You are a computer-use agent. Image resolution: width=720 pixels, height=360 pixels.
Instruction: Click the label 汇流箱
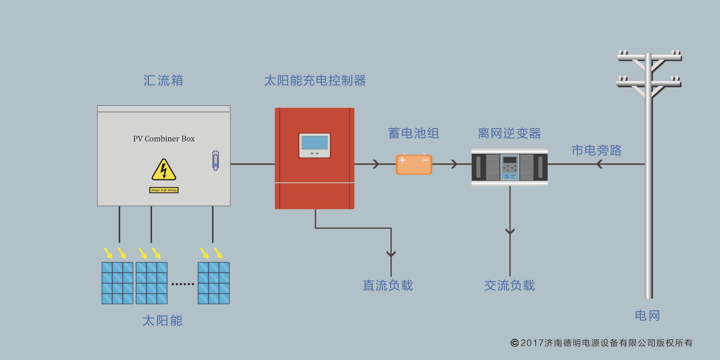tap(163, 81)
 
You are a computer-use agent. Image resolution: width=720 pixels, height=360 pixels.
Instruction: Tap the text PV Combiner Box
tap(164, 139)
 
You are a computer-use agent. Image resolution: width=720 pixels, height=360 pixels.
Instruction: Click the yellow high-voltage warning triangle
tap(163, 170)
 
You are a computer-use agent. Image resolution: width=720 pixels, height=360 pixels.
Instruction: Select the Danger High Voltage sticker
tap(164, 190)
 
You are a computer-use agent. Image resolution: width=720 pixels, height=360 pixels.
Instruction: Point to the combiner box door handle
tap(215, 160)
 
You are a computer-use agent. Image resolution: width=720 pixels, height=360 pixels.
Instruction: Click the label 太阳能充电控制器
tap(315, 81)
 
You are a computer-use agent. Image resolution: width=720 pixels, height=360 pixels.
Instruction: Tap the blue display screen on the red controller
tap(314, 143)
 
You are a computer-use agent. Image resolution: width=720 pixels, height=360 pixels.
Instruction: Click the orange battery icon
tap(414, 165)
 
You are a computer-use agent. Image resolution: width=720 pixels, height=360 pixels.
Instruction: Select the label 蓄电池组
tap(414, 133)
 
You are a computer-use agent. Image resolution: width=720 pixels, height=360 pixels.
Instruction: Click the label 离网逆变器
tap(509, 133)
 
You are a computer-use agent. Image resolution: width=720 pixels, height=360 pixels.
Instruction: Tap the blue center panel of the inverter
tap(510, 167)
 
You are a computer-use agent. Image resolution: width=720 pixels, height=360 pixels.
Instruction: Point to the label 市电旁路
tap(596, 150)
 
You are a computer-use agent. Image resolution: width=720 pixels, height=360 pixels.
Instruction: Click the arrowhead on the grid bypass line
tap(599, 164)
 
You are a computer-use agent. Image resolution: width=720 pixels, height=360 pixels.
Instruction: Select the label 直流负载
tap(388, 286)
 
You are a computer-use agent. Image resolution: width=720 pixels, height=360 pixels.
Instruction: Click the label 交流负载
tap(509, 286)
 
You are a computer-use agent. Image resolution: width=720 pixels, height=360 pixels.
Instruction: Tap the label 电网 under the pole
tap(647, 316)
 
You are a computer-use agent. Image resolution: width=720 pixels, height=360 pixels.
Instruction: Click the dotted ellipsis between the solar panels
tap(183, 284)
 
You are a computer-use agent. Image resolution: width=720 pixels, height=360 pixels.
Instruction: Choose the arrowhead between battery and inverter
tap(454, 164)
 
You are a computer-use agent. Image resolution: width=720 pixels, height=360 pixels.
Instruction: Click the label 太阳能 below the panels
tap(162, 321)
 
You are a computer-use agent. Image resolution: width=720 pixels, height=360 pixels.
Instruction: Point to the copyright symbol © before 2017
tap(514, 343)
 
